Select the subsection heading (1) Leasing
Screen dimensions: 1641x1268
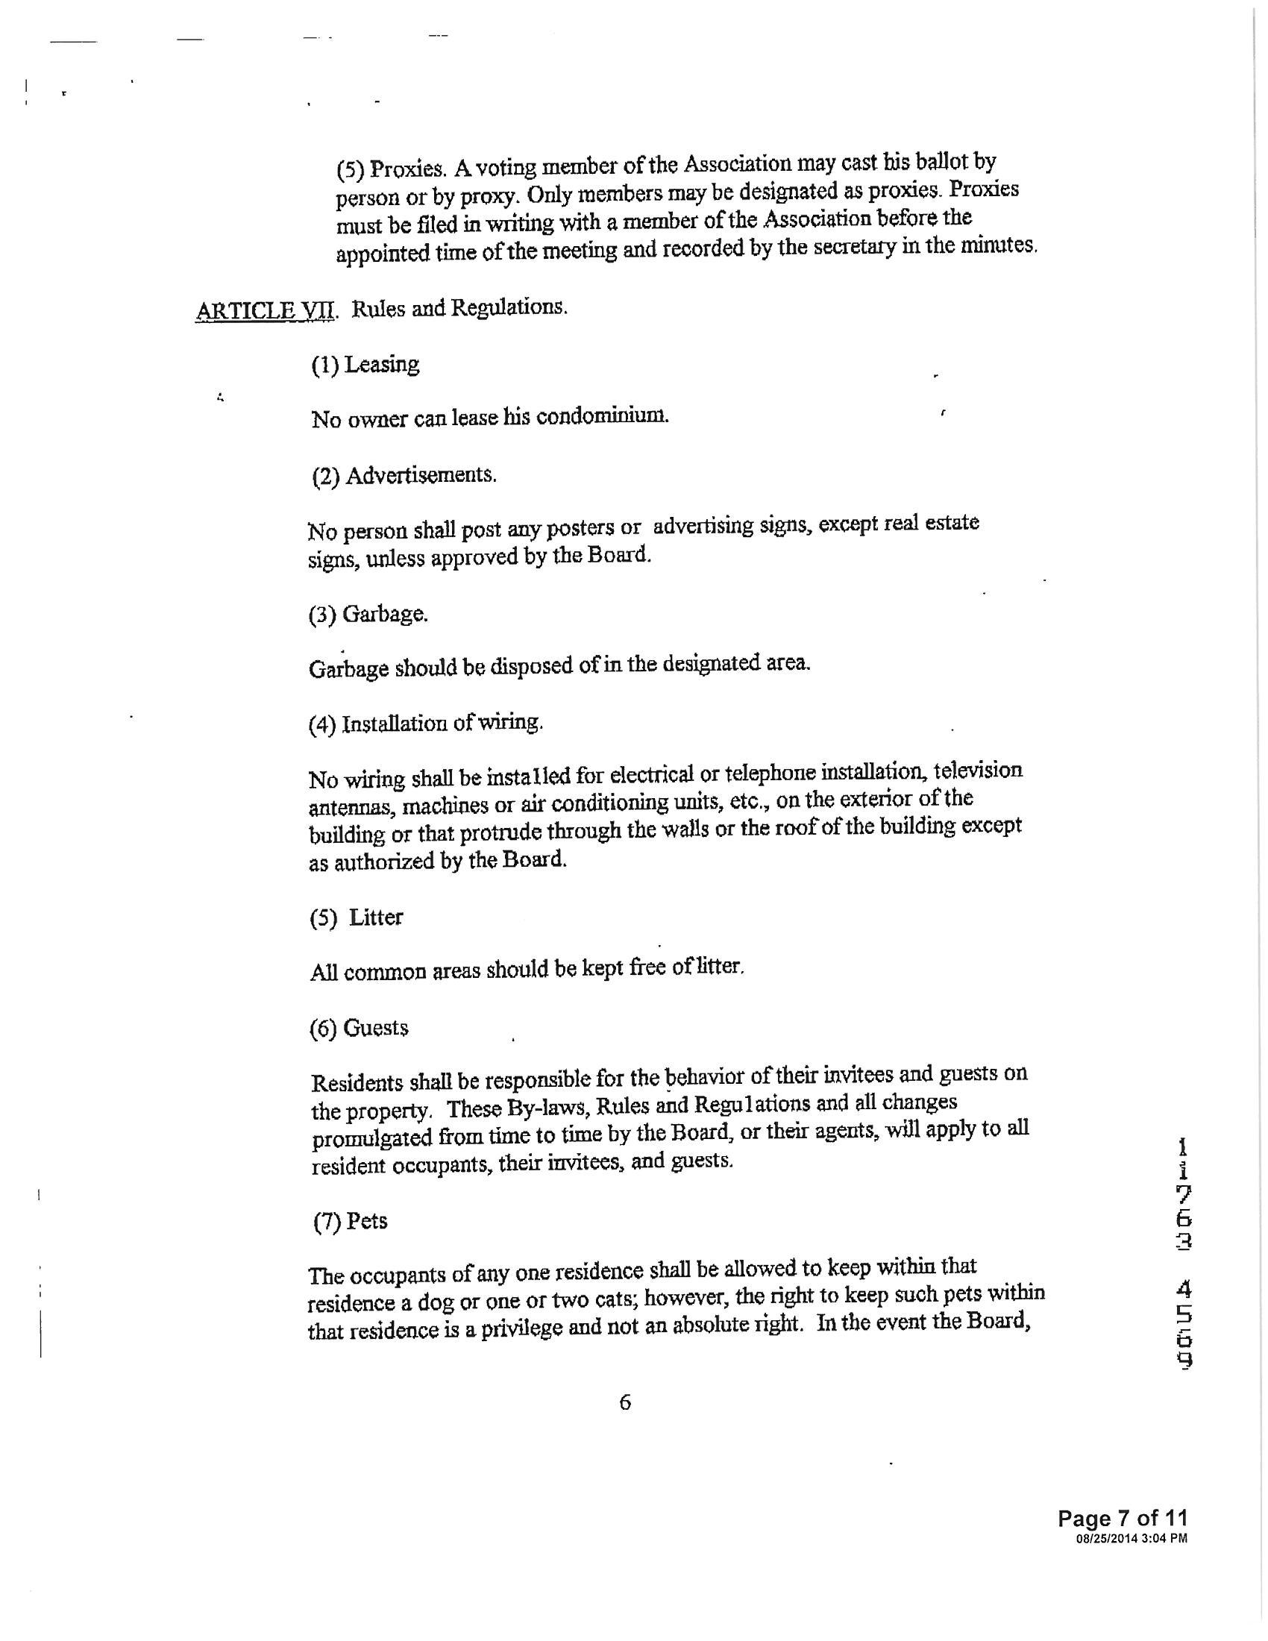coord(365,365)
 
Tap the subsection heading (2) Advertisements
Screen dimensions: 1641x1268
coord(404,476)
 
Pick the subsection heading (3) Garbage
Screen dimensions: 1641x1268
coord(368,615)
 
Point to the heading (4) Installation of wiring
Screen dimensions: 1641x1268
coord(425,724)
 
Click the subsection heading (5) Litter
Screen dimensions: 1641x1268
coord(356,917)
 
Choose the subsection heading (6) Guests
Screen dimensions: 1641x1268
coord(359,1028)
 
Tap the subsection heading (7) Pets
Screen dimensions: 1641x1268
coord(350,1221)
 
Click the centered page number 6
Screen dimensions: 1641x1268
coord(625,1402)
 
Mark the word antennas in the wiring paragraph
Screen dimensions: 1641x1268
coord(350,808)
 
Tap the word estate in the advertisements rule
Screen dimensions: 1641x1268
coord(954,523)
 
